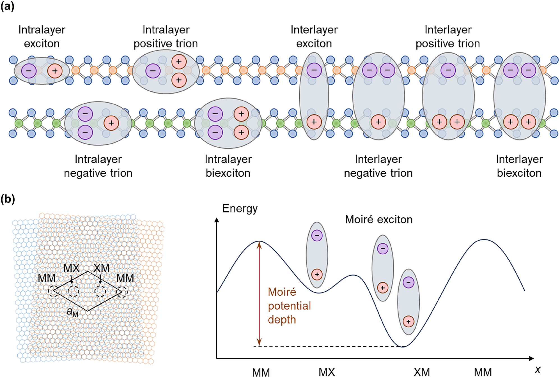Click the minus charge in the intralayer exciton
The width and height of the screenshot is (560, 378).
click(x=29, y=71)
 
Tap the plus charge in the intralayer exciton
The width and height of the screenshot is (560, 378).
click(x=55, y=71)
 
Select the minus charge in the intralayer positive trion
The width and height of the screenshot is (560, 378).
click(x=153, y=71)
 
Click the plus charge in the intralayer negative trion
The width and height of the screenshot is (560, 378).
click(x=111, y=123)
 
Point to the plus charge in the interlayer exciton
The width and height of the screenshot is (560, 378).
click(x=314, y=122)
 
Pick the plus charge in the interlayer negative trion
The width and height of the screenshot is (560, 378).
click(x=378, y=122)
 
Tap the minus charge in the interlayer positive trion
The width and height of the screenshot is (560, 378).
click(x=448, y=70)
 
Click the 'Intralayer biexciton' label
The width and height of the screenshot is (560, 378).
click(x=228, y=166)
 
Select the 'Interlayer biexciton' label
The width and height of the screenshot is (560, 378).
click(x=519, y=166)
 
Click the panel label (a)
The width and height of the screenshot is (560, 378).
click(x=7, y=6)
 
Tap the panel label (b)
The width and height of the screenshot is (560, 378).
click(x=8, y=199)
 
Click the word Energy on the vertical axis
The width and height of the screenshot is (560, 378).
click(x=240, y=209)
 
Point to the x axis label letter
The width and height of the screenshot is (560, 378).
click(x=537, y=370)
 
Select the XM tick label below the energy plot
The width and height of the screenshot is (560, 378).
click(x=421, y=372)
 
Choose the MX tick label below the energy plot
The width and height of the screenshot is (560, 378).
click(x=327, y=372)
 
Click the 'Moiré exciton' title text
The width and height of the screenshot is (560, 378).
click(x=378, y=219)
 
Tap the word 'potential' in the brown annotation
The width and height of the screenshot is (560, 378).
click(x=289, y=306)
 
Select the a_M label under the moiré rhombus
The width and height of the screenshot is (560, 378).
click(x=72, y=312)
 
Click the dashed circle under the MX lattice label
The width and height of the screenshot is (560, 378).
click(x=73, y=291)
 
